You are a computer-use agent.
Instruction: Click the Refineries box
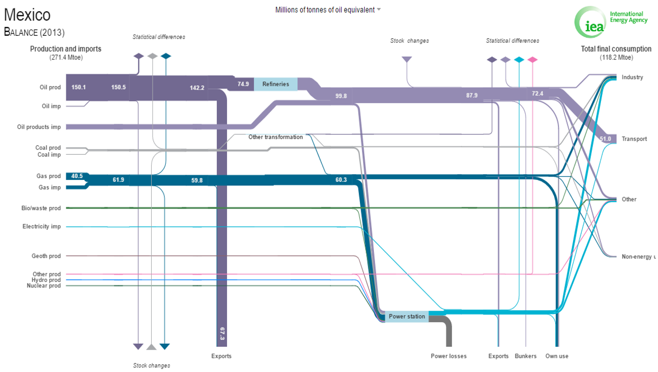(275, 84)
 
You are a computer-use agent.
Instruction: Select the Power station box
(407, 316)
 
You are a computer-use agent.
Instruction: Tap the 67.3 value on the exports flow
(222, 334)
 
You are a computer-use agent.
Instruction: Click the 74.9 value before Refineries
(243, 84)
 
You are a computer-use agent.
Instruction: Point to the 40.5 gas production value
(77, 176)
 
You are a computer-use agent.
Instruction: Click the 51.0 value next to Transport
(605, 139)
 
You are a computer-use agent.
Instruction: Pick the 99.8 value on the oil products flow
(341, 96)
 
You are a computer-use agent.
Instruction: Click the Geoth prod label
(46, 256)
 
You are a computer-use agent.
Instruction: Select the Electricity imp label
(42, 226)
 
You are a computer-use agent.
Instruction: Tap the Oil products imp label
(39, 127)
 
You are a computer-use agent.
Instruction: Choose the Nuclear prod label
(44, 285)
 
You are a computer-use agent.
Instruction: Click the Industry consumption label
(632, 77)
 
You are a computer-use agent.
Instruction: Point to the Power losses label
(448, 356)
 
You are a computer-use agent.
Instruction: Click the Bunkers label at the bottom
(526, 356)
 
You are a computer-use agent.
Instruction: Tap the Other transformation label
(275, 137)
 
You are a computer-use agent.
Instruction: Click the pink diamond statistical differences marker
(532, 60)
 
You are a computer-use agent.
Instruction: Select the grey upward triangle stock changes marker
(151, 347)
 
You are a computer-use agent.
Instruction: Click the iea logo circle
(590, 22)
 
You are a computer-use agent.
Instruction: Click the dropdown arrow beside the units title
(379, 9)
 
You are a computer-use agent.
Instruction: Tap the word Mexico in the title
(27, 15)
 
